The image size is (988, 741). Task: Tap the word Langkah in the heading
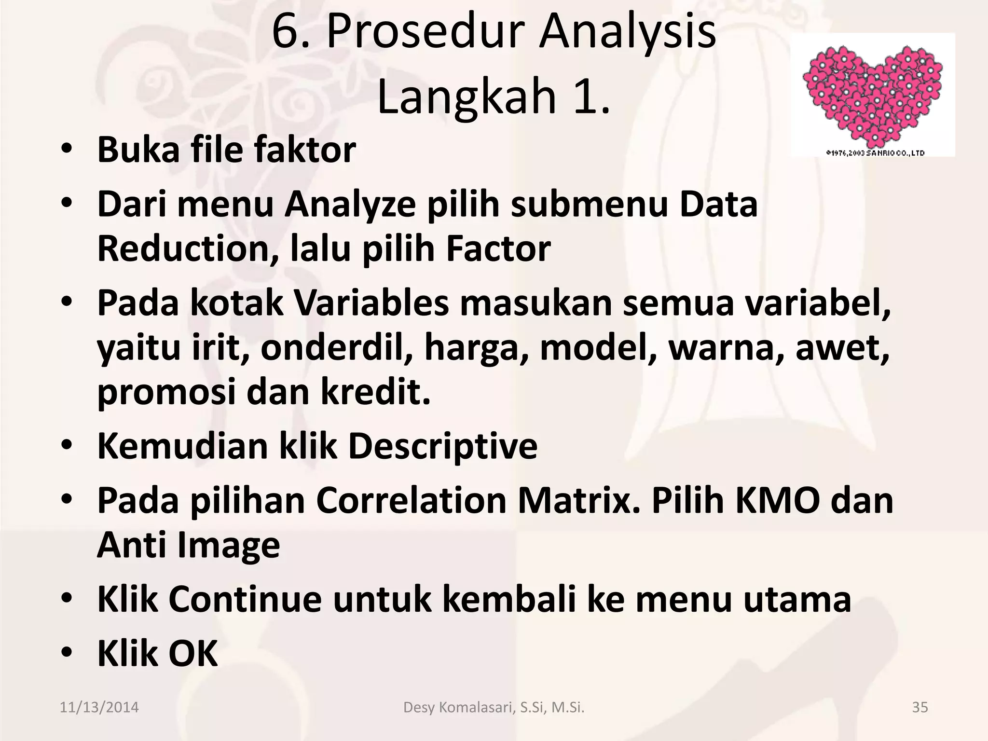pyautogui.click(x=467, y=96)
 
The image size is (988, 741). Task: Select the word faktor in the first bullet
pyautogui.click(x=305, y=150)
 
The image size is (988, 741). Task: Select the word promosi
pyautogui.click(x=167, y=392)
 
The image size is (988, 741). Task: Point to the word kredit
pyautogui.click(x=375, y=392)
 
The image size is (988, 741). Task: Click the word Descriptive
pyautogui.click(x=442, y=446)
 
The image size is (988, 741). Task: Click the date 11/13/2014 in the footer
pyautogui.click(x=99, y=708)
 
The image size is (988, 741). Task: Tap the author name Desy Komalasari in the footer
pyautogui.click(x=459, y=708)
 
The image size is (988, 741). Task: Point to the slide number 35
pyautogui.click(x=920, y=708)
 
